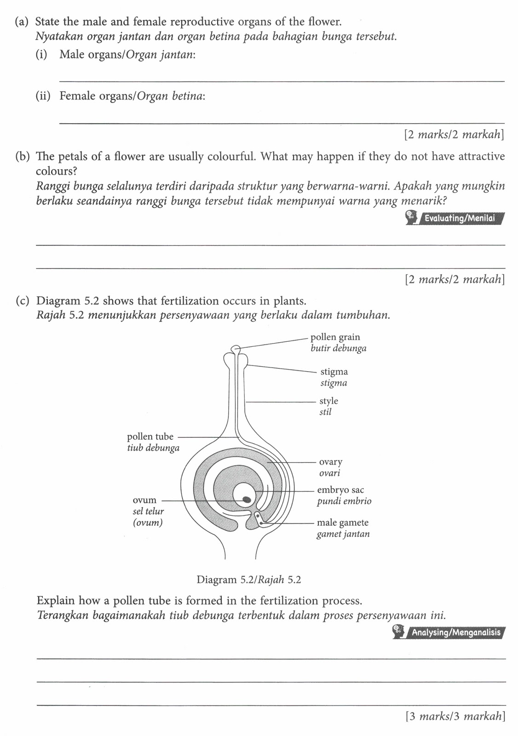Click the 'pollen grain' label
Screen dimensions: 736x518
(x=335, y=337)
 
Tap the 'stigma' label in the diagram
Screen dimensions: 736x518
(x=334, y=372)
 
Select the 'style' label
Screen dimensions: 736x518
(x=328, y=401)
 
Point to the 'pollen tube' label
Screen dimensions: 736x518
(x=150, y=437)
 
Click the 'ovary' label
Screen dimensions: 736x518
(x=331, y=462)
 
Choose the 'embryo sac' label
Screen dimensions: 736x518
(x=340, y=490)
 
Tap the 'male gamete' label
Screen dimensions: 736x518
(x=343, y=523)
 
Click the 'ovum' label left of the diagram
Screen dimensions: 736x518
(x=144, y=500)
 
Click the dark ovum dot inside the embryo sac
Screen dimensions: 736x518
(x=247, y=499)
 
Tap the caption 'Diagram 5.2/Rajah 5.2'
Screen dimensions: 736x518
(x=248, y=580)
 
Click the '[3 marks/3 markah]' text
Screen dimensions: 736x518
(x=455, y=716)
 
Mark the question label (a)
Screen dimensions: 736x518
(x=22, y=22)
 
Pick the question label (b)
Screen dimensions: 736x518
(x=22, y=156)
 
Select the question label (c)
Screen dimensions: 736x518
(x=22, y=301)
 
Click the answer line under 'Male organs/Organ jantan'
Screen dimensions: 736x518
(x=282, y=81)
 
